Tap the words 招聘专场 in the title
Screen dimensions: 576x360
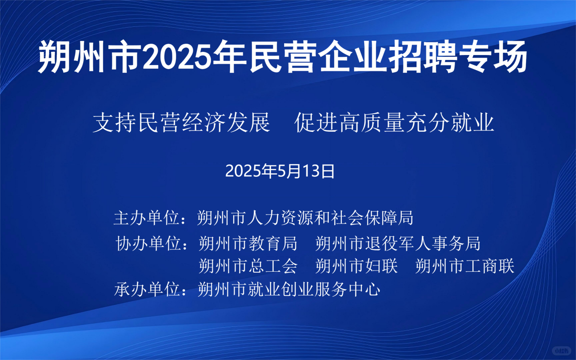pos(458,56)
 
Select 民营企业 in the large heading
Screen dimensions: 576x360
pos(318,56)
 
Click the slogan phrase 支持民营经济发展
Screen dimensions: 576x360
pos(181,123)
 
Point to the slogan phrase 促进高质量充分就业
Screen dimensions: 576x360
pos(394,123)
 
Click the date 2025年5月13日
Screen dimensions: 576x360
pos(280,171)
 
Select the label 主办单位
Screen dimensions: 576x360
pos(146,218)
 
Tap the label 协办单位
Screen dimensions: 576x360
pos(148,243)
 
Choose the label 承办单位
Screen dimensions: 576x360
pos(147,290)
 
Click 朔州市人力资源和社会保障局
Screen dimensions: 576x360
pos(305,218)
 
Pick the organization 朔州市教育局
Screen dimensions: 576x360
pos(248,243)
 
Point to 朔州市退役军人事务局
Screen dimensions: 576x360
pos(398,243)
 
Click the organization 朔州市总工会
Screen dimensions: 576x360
pos(248,266)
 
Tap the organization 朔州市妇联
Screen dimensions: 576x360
pos(357,266)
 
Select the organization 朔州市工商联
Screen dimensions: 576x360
pos(465,266)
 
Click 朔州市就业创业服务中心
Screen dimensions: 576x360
pos(289,290)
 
